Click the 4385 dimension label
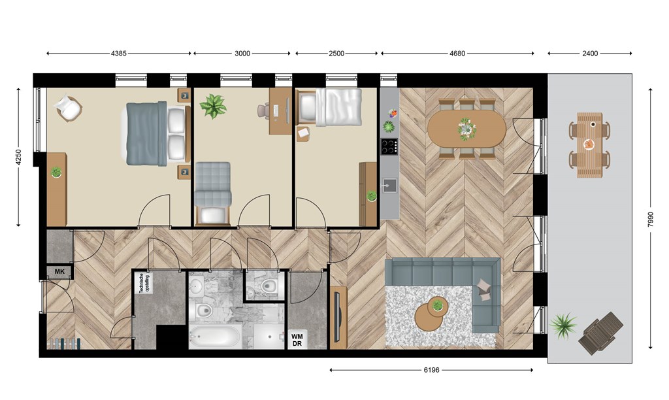(119, 54)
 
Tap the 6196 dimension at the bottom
(431, 370)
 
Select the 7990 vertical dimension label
(650, 219)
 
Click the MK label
(59, 271)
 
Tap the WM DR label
(297, 341)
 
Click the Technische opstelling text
(145, 284)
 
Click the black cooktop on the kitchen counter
(389, 146)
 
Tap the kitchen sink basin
(389, 185)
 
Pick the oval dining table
(466, 129)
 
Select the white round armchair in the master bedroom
(68, 108)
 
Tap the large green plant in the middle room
(213, 107)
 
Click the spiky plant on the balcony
(563, 325)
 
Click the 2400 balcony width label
(590, 54)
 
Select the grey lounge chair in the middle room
(213, 193)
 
